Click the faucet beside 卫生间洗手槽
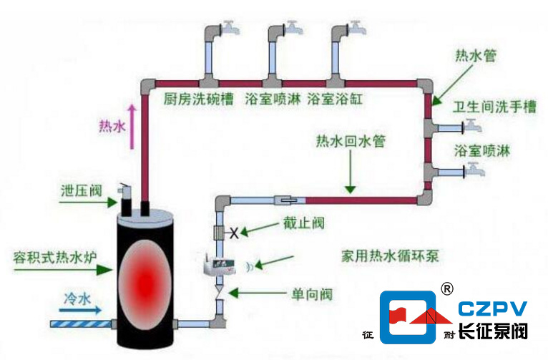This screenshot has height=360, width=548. pos(471,127)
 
